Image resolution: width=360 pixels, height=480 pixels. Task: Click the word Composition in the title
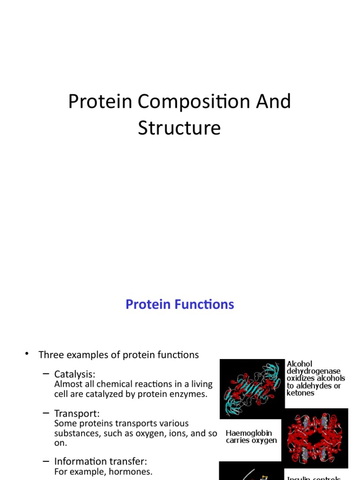coord(187,102)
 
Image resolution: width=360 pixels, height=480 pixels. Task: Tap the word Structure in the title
coord(179,128)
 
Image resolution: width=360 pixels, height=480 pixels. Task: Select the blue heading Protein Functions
coord(180,305)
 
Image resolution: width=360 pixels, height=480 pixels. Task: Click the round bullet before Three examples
coord(27,354)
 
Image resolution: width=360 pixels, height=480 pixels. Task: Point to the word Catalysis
coord(75,374)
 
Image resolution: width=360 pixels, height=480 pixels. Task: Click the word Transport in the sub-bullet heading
coord(77,413)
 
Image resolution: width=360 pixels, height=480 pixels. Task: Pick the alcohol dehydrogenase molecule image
coord(252,389)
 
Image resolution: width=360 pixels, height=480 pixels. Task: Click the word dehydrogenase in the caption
coord(314,371)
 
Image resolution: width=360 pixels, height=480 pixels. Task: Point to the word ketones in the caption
coord(300,393)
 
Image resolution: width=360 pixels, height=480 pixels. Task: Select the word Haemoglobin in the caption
coord(248,433)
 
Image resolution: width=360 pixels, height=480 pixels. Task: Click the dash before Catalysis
coord(45,374)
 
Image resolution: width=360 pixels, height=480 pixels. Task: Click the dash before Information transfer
coord(45,460)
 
